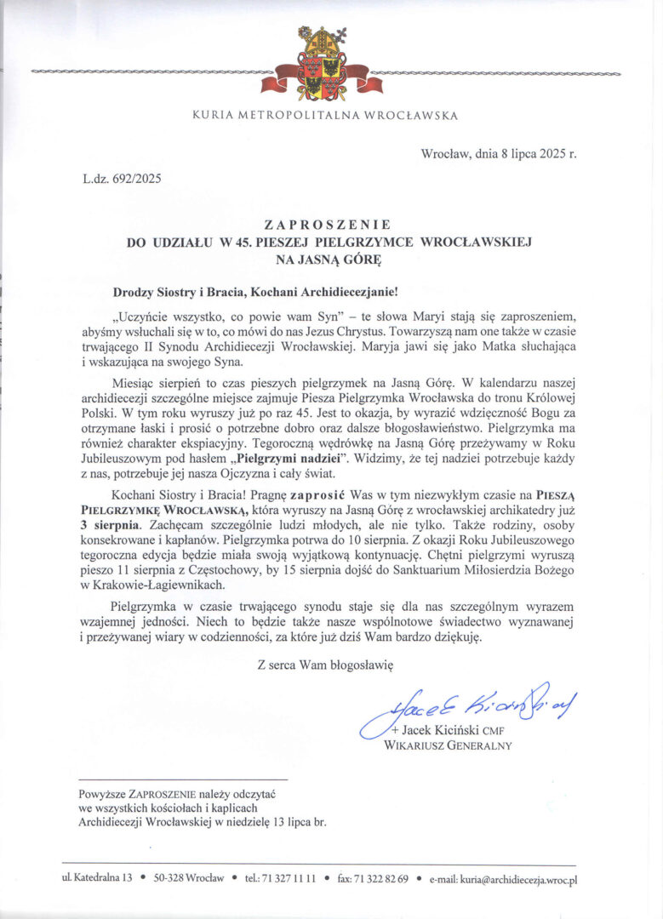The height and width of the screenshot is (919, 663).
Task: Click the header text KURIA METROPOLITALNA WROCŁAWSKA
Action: click(x=324, y=116)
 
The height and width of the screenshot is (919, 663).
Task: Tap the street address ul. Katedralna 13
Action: click(x=97, y=878)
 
